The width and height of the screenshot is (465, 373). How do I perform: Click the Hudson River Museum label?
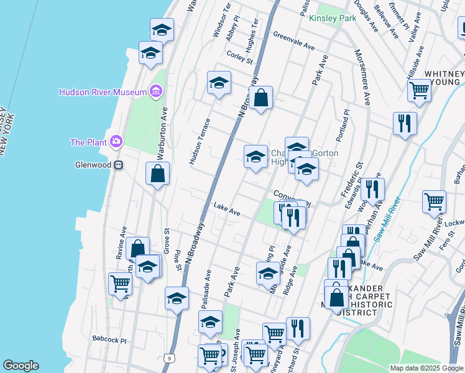tap(103, 92)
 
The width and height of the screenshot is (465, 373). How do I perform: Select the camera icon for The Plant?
tap(116, 142)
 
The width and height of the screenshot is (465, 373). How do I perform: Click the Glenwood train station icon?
tap(117, 165)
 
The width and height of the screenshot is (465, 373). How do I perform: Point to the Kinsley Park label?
tap(333, 18)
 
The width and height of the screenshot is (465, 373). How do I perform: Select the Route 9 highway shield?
tap(168, 357)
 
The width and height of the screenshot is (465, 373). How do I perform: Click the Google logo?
tap(21, 366)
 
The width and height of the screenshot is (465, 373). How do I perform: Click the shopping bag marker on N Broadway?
tap(262, 98)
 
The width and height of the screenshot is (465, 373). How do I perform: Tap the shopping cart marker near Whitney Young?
tap(420, 90)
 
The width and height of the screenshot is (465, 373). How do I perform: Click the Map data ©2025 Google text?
tap(426, 368)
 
